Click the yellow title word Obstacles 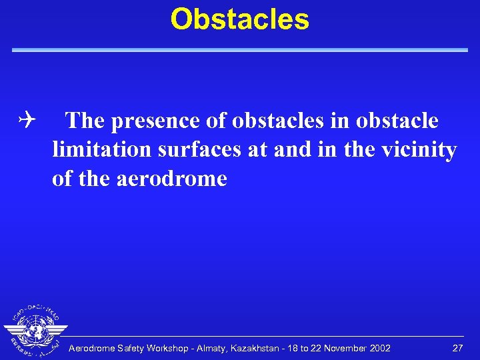240,19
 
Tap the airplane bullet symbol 27,121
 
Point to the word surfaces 201,150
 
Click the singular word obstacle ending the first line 397,121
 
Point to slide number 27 457,349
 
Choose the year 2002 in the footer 379,349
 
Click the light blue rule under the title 240,50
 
